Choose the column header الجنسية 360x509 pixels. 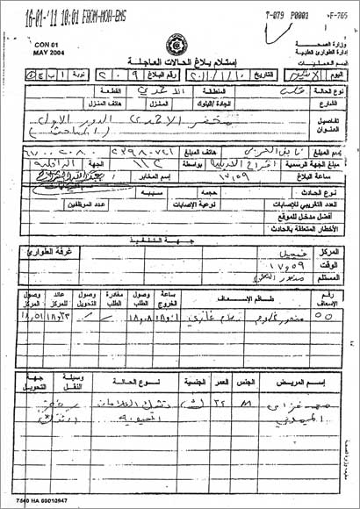coord(191,383)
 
